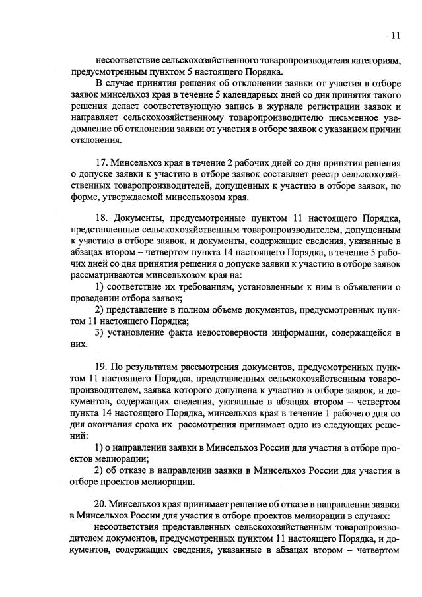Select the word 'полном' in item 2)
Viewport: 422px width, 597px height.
pos(186,309)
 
